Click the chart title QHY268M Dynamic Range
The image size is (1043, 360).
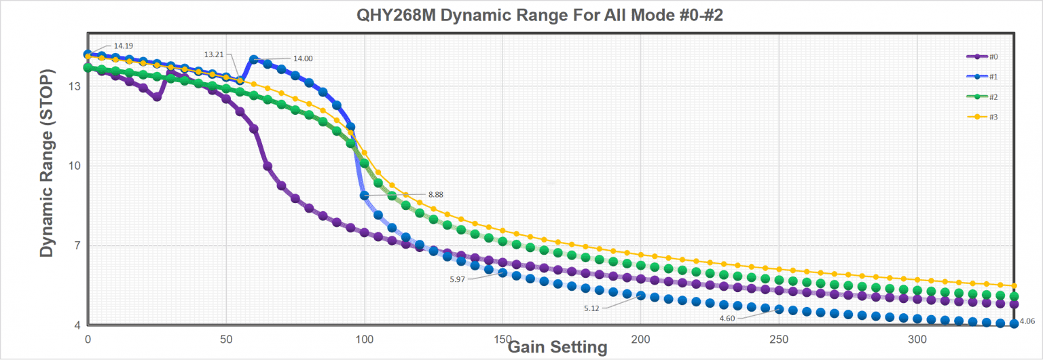point(540,16)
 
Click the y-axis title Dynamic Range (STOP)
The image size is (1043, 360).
point(46,163)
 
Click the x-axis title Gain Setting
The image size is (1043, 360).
point(557,347)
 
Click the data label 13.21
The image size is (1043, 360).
point(214,54)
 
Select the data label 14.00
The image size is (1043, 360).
point(303,59)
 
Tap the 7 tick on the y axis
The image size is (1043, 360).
point(78,246)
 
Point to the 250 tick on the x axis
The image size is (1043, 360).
point(779,339)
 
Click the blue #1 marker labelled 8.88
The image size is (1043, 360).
point(365,196)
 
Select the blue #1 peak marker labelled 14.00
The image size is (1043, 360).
point(254,60)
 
